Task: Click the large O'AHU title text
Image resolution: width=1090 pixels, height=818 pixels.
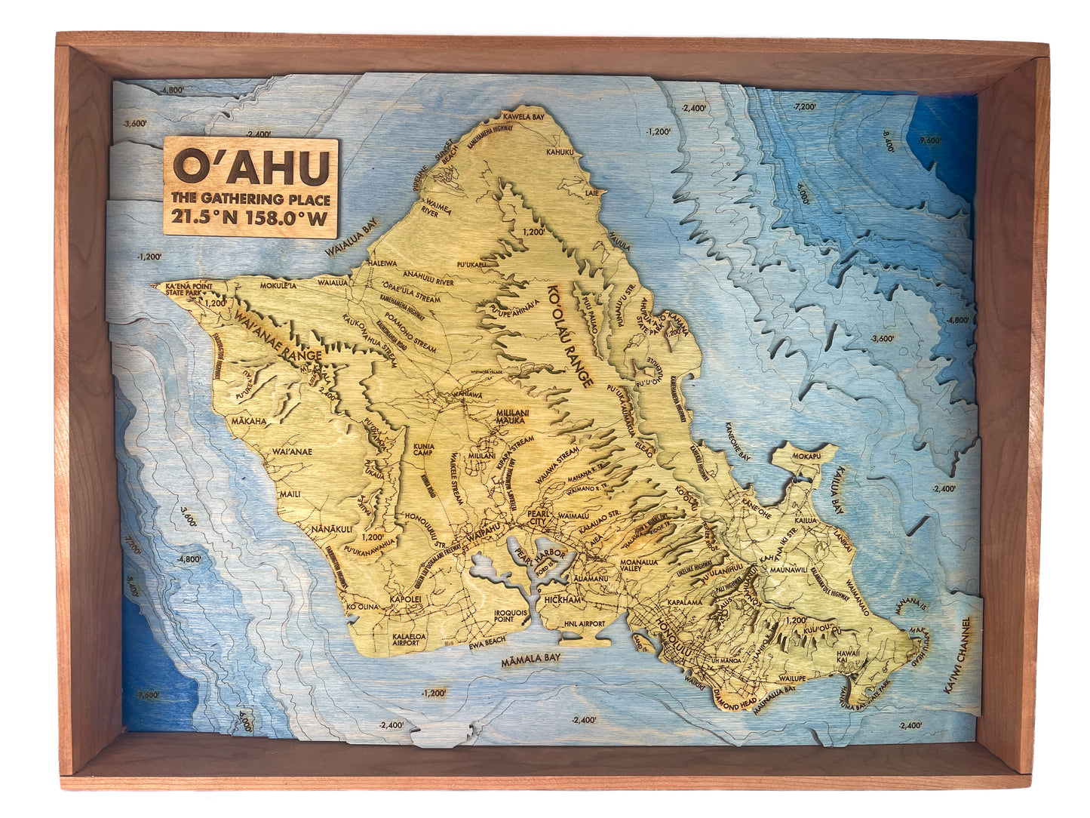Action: (x=251, y=167)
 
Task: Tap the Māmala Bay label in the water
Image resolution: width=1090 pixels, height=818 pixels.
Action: (x=531, y=658)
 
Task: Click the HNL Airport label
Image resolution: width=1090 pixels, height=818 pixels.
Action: (x=584, y=624)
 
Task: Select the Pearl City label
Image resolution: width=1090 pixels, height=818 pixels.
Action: (x=542, y=516)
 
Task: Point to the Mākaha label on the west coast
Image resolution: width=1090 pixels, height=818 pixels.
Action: (x=249, y=420)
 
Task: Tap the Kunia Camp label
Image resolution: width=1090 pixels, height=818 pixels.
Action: (x=423, y=450)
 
